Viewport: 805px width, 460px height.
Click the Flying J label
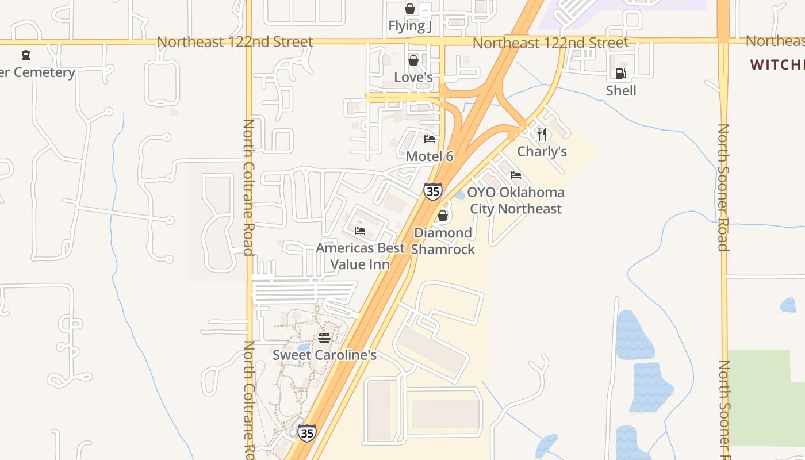click(409, 26)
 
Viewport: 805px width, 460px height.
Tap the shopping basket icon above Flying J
click(410, 9)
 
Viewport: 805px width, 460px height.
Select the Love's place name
click(413, 77)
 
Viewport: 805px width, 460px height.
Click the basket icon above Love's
click(413, 60)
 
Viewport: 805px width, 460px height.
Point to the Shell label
click(621, 90)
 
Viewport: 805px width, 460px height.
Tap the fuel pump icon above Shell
click(620, 74)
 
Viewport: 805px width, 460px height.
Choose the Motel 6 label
click(430, 156)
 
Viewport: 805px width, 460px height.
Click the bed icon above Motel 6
click(430, 139)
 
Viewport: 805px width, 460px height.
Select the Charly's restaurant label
click(542, 151)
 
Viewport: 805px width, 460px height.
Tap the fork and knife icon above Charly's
click(541, 134)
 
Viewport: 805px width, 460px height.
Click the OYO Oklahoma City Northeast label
click(516, 200)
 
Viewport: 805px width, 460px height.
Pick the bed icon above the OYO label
click(516, 175)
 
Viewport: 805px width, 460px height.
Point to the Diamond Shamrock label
click(443, 241)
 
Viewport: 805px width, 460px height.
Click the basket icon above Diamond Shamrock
click(443, 216)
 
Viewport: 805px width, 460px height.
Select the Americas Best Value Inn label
click(360, 256)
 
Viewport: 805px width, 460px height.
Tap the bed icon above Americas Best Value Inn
click(360, 231)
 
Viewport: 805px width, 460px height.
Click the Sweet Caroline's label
click(324, 355)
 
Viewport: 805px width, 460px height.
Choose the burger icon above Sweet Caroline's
click(324, 338)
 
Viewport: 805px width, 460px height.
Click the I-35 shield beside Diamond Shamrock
click(433, 191)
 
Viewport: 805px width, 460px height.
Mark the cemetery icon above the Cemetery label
click(25, 56)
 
